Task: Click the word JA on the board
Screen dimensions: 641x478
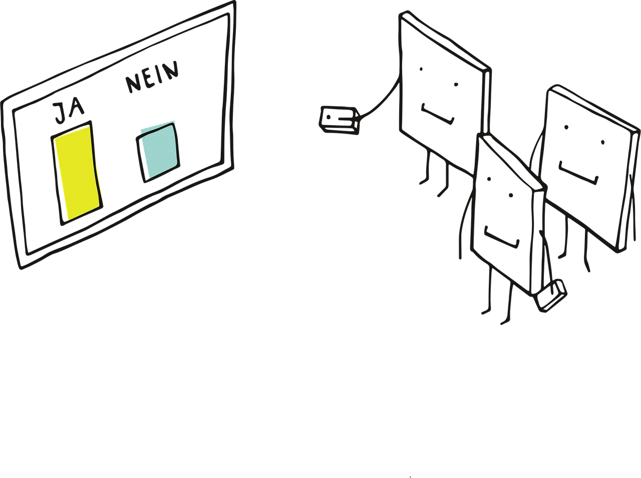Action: point(69,112)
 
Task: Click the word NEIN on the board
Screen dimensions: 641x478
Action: point(152,77)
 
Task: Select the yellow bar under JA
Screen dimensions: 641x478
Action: point(78,173)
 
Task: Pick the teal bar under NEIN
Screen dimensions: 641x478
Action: point(158,152)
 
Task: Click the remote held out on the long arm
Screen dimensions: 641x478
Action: point(339,120)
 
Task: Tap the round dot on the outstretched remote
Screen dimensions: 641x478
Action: point(328,117)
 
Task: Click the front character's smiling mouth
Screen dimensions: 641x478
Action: point(501,237)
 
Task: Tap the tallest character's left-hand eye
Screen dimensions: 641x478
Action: point(421,69)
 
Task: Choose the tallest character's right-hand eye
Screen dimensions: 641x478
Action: point(456,85)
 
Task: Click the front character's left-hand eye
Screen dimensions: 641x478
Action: point(489,179)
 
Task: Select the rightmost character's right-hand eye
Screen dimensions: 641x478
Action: point(603,143)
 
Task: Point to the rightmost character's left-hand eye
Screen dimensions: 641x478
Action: point(566,127)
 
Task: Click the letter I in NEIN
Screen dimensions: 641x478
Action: point(160,75)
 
